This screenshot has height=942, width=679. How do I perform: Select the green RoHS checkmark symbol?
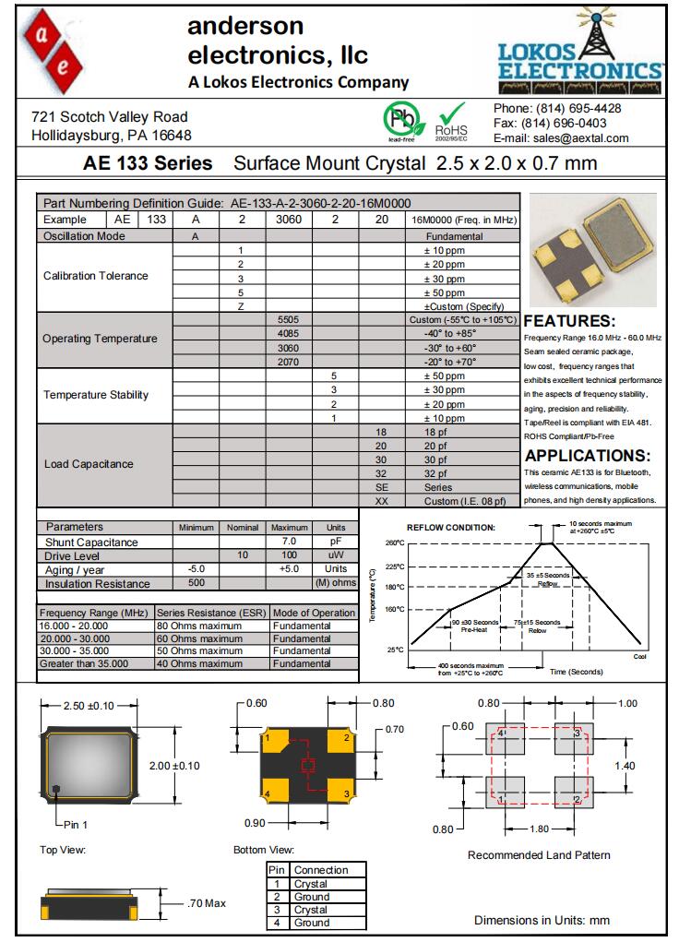[451, 117]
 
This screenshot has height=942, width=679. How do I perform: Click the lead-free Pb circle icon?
[400, 121]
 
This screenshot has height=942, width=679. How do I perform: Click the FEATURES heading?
[569, 321]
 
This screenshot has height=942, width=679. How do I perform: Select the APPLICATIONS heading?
[588, 456]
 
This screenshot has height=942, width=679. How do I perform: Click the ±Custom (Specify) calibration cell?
[462, 306]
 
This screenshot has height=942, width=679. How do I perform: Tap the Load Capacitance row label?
[89, 464]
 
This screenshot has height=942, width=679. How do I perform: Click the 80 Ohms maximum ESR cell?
[198, 626]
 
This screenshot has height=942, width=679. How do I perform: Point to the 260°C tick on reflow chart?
[395, 543]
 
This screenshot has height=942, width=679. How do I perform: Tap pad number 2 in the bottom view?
[346, 737]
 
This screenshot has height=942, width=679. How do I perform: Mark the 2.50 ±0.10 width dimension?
[89, 705]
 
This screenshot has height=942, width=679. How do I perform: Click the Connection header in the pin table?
[320, 870]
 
